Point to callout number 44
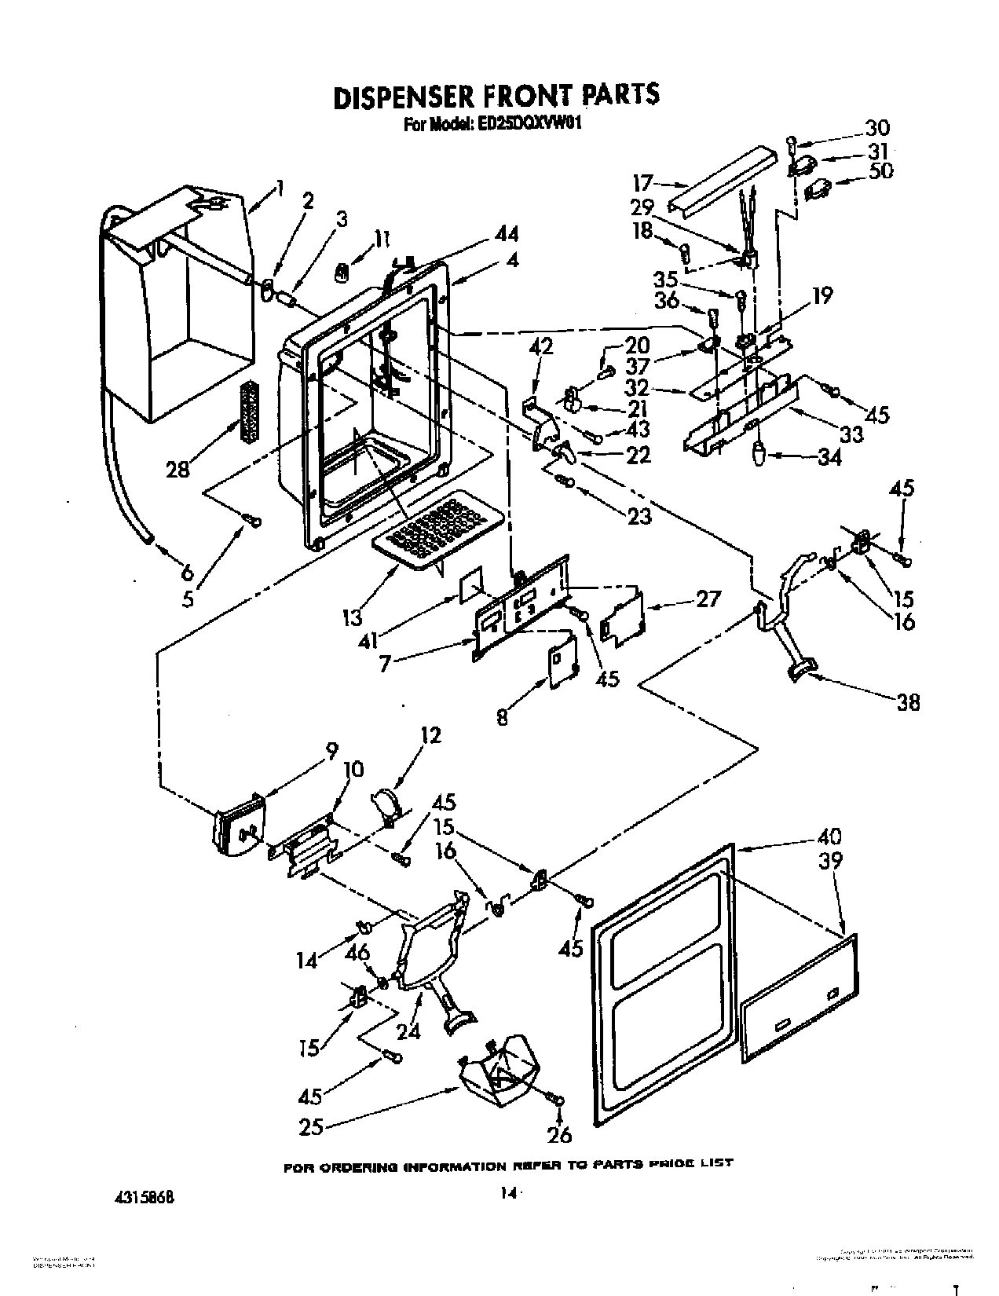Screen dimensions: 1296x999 [507, 233]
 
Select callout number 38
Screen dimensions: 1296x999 [907, 701]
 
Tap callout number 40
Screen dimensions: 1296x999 [829, 836]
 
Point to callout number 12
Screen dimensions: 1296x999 [430, 735]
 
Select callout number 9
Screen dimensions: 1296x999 [331, 750]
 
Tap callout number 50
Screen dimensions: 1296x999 [880, 170]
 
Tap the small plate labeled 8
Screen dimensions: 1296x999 [562, 660]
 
